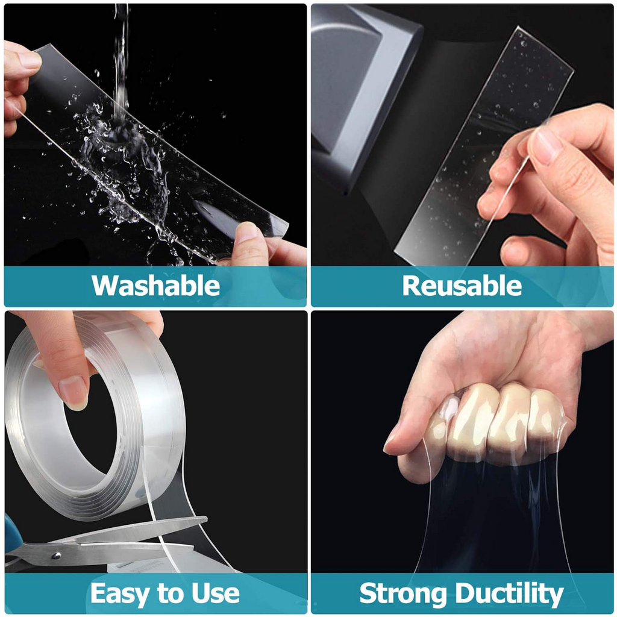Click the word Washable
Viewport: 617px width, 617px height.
(x=156, y=286)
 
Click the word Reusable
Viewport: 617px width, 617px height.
(x=462, y=286)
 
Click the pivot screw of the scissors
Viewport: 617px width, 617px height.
(x=57, y=556)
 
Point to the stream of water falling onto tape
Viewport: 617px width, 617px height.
(x=121, y=63)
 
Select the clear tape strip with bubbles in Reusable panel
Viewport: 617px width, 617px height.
(x=484, y=146)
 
